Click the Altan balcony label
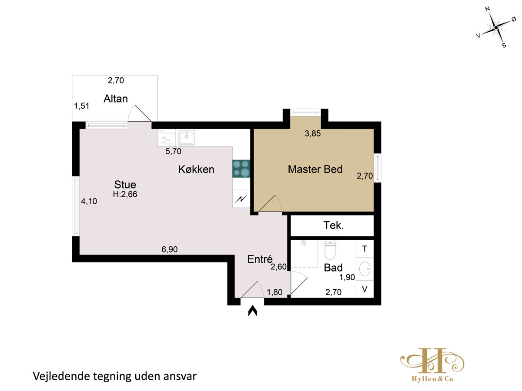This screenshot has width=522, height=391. [115, 99]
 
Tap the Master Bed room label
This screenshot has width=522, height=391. [315, 169]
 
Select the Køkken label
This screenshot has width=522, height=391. [196, 169]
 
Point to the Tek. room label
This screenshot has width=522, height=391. [333, 225]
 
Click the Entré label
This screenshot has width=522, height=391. [260, 259]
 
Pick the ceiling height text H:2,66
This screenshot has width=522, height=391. [125, 194]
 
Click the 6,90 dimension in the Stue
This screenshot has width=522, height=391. [169, 249]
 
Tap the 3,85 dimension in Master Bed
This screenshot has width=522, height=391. [312, 133]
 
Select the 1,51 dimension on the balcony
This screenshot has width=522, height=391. [82, 106]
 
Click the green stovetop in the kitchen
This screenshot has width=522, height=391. [241, 169]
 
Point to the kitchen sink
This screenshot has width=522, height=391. [187, 137]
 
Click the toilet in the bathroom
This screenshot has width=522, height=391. [330, 249]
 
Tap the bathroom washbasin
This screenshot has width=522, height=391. [365, 269]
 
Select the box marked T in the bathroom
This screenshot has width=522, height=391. [365, 249]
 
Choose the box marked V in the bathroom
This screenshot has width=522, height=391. [365, 289]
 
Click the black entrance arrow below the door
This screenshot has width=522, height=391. [253, 311]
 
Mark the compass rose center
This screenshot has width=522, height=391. [496, 28]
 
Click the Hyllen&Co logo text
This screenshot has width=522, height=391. [432, 379]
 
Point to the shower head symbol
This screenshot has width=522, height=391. [303, 243]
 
